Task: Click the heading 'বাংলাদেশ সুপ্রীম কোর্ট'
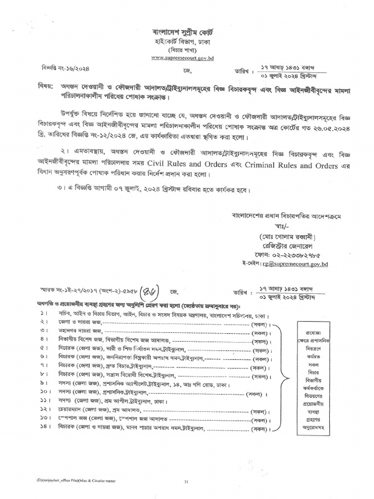(183, 33)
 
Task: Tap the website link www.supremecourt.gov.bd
(182, 58)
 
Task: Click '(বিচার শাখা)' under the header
(182, 50)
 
